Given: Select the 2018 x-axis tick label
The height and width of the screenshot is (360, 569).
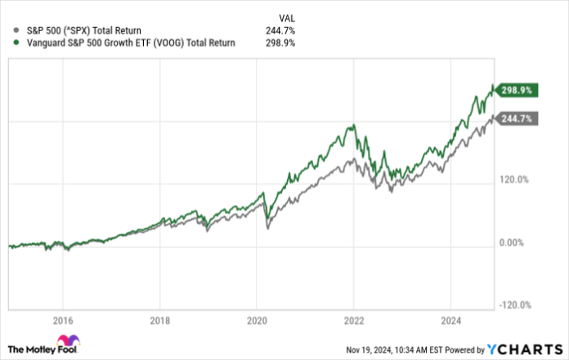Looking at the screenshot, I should [x=160, y=320].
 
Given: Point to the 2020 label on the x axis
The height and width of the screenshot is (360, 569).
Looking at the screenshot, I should [x=257, y=320].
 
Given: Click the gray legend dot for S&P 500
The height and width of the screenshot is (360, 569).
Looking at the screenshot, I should [x=9, y=30].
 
